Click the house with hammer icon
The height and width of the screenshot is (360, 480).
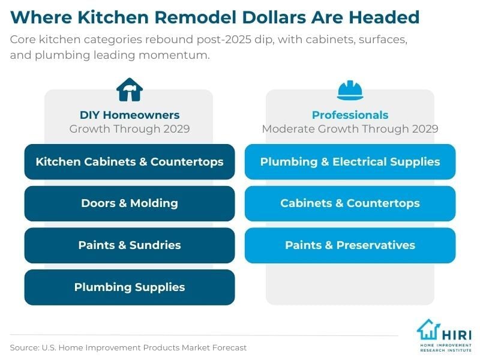click(x=129, y=89)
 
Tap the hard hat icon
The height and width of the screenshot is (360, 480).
click(x=350, y=90)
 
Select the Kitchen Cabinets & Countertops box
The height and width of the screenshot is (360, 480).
click(x=130, y=161)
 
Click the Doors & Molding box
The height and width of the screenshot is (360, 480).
click(x=130, y=203)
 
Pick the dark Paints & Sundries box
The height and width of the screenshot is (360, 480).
click(x=130, y=245)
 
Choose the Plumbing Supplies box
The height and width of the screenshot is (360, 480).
click(x=130, y=287)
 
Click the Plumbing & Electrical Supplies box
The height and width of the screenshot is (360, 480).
click(x=350, y=161)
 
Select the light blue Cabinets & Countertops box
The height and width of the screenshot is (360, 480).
click(x=350, y=203)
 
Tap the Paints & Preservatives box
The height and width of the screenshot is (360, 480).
click(x=350, y=245)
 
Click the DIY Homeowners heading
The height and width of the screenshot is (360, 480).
click(x=130, y=115)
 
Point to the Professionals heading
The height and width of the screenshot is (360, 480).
click(x=350, y=115)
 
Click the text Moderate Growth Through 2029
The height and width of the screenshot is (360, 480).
click(x=350, y=128)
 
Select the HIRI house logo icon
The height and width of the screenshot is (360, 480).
click(x=429, y=331)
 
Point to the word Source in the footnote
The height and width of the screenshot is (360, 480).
click(x=23, y=347)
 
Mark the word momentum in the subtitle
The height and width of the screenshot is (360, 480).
click(x=190, y=55)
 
